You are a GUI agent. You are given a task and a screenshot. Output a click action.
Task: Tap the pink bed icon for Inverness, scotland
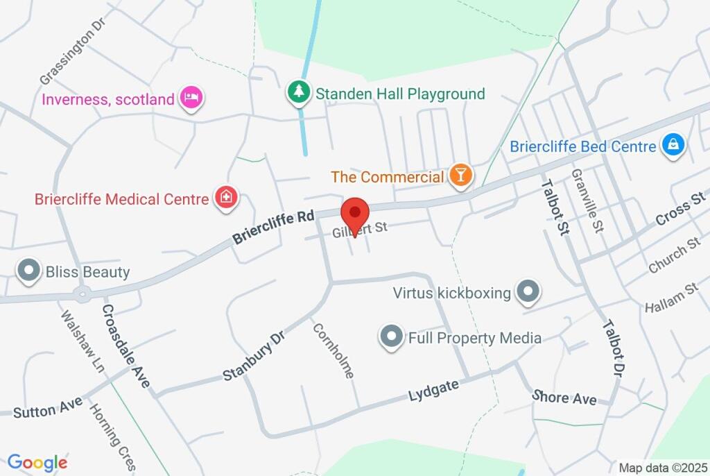click(x=191, y=99)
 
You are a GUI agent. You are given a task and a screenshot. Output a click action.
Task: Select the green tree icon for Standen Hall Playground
click(x=299, y=93)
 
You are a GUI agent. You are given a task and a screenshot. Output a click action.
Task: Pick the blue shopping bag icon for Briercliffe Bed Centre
click(x=673, y=146)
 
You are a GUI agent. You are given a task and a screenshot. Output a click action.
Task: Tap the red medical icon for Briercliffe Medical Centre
click(x=225, y=198)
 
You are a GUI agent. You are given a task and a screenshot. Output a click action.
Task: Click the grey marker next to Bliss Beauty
click(x=29, y=271)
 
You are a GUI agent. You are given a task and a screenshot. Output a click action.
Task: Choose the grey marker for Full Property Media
click(x=391, y=338)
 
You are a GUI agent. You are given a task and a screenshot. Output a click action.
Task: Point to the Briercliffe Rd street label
click(x=273, y=228)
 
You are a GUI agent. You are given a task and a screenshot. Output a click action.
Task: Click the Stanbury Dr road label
click(x=254, y=356)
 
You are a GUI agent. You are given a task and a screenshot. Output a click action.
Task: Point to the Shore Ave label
click(x=564, y=398)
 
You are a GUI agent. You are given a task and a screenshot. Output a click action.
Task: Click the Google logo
click(x=37, y=462)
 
